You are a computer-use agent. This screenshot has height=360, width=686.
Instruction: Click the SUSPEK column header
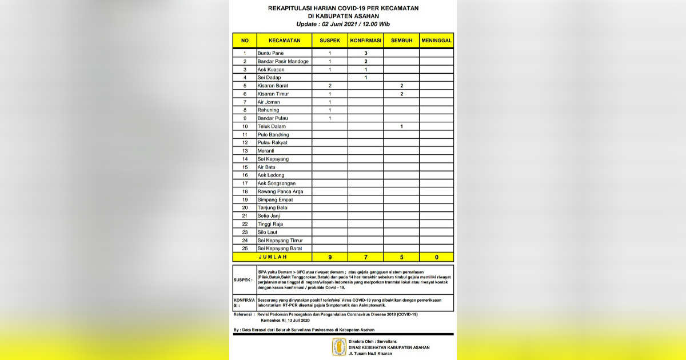click(x=330, y=41)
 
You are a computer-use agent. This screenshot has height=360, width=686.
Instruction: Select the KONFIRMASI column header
click(x=365, y=41)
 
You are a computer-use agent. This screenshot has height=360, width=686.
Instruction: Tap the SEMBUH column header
click(x=401, y=41)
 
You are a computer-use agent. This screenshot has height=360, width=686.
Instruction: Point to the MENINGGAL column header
click(x=436, y=41)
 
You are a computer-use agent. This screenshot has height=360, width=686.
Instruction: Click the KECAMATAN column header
click(x=284, y=41)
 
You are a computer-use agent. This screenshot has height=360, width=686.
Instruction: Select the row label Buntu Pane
click(x=270, y=53)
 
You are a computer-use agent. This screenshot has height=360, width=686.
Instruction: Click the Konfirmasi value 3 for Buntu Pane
click(x=365, y=53)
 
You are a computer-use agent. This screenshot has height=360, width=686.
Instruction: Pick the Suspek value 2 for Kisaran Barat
click(x=330, y=86)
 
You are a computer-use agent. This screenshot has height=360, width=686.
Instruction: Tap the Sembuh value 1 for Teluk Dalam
click(x=401, y=126)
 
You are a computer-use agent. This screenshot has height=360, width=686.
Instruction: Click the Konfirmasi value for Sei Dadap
click(x=365, y=78)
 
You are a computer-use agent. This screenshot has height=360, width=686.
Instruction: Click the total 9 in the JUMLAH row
click(x=330, y=257)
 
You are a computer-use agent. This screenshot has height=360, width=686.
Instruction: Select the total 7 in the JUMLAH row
click(x=365, y=257)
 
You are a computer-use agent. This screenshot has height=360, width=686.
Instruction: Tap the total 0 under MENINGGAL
click(x=436, y=257)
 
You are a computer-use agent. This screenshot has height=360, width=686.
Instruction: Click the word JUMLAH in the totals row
click(x=273, y=257)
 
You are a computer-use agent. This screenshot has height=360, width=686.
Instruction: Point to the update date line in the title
click(x=343, y=24)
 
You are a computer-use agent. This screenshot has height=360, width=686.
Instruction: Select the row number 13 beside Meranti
click(x=245, y=151)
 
